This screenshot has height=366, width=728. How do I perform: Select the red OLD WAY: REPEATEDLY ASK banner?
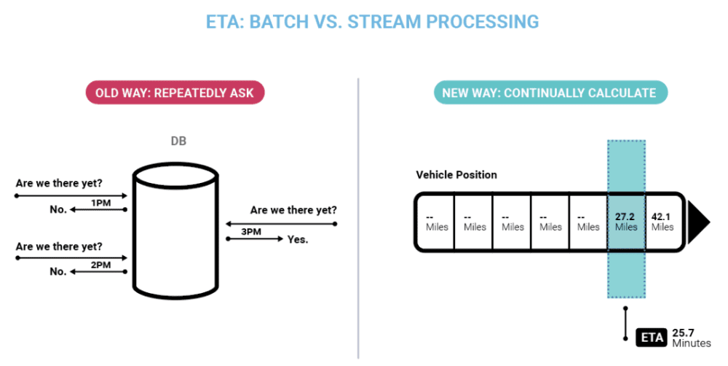[175, 93]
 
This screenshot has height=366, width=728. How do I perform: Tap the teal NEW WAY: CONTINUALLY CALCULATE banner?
[549, 93]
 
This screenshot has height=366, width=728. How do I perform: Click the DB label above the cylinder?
[177, 141]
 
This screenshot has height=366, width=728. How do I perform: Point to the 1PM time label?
[101, 203]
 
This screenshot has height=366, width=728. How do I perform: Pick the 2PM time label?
[101, 265]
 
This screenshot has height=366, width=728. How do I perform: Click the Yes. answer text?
[298, 238]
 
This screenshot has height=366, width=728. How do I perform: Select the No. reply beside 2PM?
[58, 272]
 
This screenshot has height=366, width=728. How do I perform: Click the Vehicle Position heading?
[456, 175]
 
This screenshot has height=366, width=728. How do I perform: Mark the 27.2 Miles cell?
[625, 222]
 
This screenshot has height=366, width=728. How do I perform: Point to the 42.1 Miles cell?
[662, 222]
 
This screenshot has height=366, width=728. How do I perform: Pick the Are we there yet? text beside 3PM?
[293, 210]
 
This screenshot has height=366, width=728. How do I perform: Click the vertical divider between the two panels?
[359, 219]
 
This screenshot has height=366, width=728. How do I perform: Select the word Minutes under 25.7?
[692, 343]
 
